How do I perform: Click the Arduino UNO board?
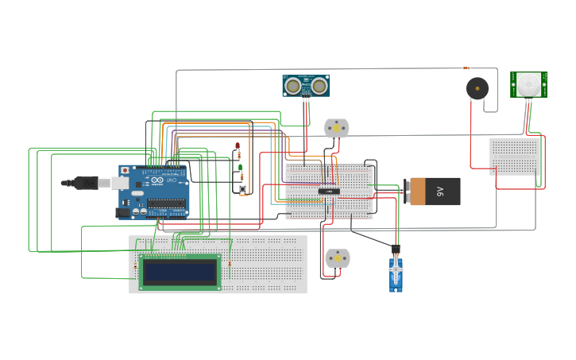(155, 191)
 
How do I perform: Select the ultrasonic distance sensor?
(306, 85)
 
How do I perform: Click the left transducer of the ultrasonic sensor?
(293, 85)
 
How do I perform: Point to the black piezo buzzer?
(477, 88)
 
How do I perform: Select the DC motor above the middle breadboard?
(337, 127)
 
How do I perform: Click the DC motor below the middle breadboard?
(337, 257)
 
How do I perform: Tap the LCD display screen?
(180, 272)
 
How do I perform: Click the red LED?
(237, 146)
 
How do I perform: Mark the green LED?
(240, 168)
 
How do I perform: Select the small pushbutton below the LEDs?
(242, 189)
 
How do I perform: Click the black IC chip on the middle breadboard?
(329, 191)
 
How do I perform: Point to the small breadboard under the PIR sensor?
(515, 157)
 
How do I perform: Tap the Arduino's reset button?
(125, 170)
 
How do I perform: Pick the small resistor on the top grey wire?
(466, 68)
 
